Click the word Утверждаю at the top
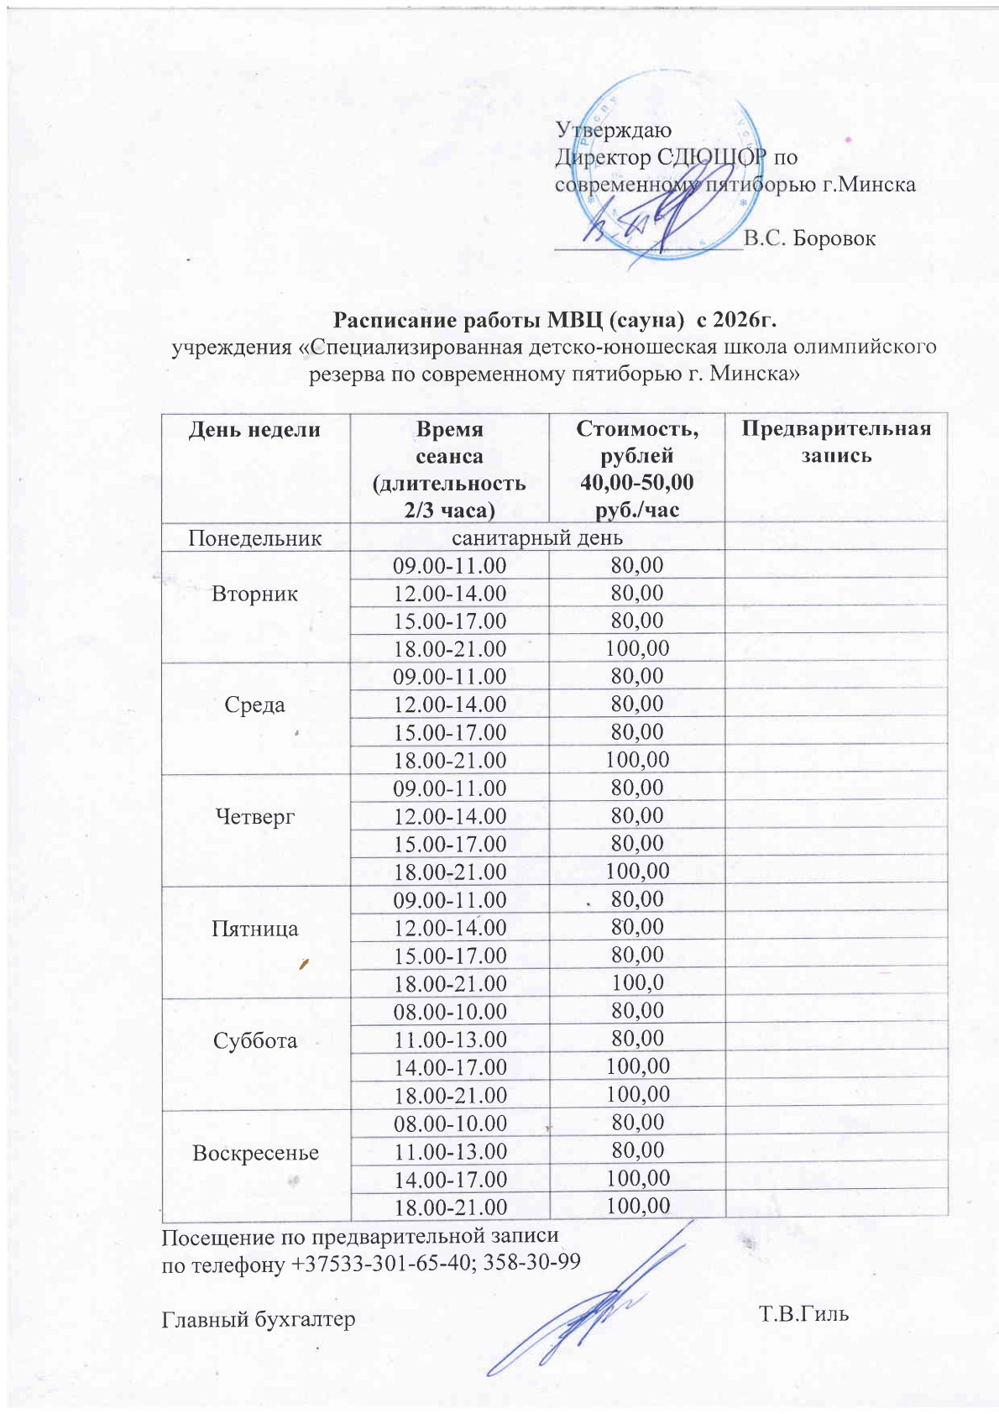[x=613, y=130]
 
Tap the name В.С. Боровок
[x=809, y=238]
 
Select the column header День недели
[x=254, y=430]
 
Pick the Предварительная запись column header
[x=836, y=442]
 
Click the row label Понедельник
[x=254, y=537]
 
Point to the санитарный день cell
[x=537, y=537]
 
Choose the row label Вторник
[x=254, y=594]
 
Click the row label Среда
[x=254, y=705]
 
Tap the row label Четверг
[x=254, y=816]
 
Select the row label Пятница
[x=254, y=929]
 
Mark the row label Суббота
[x=254, y=1040]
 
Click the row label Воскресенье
[x=255, y=1153]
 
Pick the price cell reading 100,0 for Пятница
[x=637, y=982]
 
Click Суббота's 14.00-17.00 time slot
[x=450, y=1067]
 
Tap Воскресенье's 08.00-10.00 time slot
[x=450, y=1123]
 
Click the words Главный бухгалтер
[x=258, y=1319]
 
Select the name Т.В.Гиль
[x=803, y=1313]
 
